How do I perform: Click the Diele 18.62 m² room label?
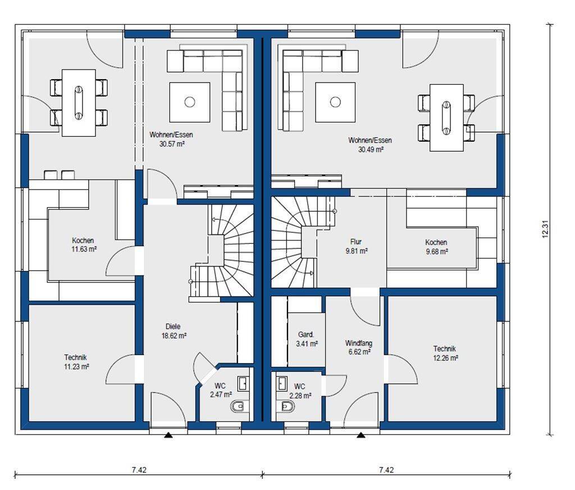[174, 331]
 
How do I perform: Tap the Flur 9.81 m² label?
[356, 246]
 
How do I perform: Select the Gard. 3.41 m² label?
[307, 339]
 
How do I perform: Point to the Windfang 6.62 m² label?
[358, 348]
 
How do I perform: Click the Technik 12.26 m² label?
[445, 353]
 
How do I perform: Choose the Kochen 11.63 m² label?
[84, 245]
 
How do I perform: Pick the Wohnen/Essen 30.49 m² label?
[370, 144]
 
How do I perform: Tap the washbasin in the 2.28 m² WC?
[282, 384]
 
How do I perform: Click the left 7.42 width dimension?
[139, 469]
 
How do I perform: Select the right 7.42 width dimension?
[386, 469]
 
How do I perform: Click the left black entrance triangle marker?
[168, 435]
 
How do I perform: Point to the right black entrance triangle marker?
[361, 435]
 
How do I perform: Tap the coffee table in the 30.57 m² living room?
[190, 102]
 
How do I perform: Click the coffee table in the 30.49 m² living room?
[335, 102]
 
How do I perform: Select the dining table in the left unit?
[79, 103]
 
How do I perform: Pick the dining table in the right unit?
[446, 117]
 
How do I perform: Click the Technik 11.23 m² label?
[76, 361]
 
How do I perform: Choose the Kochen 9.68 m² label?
[436, 247]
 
